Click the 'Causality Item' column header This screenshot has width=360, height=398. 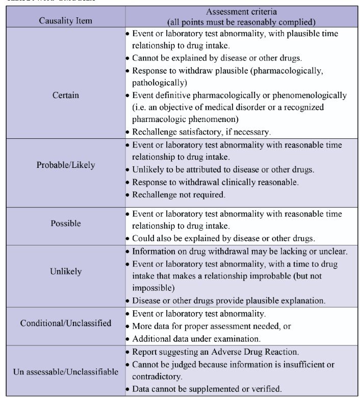point(66,21)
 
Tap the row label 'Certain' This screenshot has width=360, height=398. point(66,95)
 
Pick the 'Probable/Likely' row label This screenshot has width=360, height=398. point(66,165)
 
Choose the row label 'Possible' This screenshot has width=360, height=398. point(66,223)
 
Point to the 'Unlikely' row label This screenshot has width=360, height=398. point(66,271)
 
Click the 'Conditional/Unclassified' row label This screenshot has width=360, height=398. point(66,323)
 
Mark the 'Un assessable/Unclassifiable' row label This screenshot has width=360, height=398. point(66,371)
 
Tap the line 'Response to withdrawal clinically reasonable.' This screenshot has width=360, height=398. point(215,182)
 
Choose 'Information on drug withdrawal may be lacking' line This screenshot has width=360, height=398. point(240,251)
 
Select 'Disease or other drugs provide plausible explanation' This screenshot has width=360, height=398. point(228,300)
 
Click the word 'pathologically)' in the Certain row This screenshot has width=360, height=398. point(157,82)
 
